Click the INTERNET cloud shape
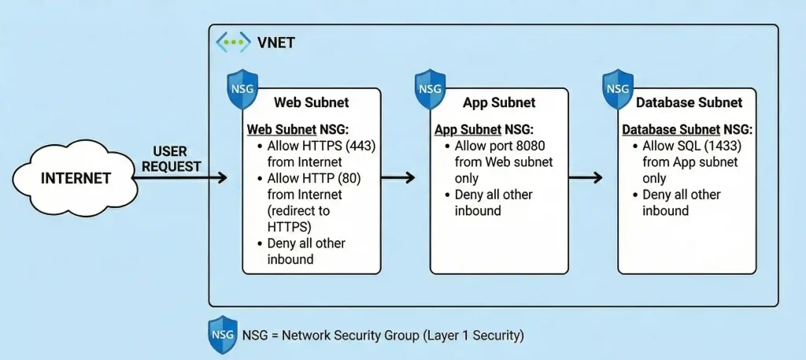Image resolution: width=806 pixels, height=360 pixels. click(x=76, y=177)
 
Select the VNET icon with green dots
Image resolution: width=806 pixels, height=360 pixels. click(x=233, y=42)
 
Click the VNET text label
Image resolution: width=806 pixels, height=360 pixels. click(x=275, y=43)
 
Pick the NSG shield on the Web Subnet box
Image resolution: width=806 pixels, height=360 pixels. click(x=242, y=88)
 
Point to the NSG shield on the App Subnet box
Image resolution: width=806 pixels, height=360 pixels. click(x=431, y=88)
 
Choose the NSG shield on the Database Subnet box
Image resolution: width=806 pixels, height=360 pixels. click(x=619, y=88)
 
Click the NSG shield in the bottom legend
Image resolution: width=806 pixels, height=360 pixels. click(x=223, y=335)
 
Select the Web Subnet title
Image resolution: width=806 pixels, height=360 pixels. click(x=312, y=103)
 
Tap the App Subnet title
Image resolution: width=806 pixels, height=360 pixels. click(x=499, y=103)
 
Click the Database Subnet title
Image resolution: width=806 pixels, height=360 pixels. click(x=689, y=103)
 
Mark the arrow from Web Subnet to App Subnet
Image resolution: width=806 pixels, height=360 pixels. click(x=398, y=178)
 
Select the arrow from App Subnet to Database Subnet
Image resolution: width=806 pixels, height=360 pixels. click(x=586, y=178)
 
